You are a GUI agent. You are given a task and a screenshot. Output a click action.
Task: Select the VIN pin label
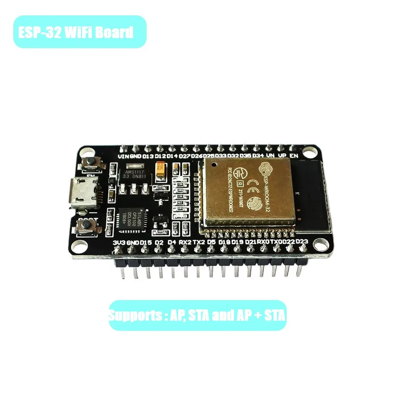pos(123,156)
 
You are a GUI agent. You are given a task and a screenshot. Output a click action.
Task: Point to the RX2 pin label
pos(185,242)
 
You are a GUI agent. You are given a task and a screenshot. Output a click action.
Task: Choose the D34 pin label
pos(258,156)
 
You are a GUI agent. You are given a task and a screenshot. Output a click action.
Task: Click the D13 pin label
pos(148,156)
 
